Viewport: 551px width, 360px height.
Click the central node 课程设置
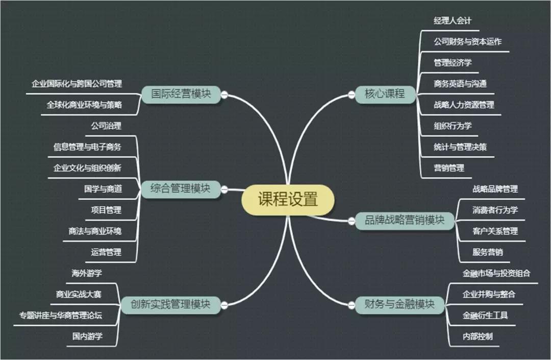pos(288,199)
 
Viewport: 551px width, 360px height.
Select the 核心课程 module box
pos(384,94)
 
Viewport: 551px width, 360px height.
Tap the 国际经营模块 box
pos(181,94)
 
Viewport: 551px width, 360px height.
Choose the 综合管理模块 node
pos(181,189)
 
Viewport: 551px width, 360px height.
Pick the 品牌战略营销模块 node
pos(404,221)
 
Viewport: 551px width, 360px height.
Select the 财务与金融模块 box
pos(399,305)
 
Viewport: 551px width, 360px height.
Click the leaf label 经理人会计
pos(453,20)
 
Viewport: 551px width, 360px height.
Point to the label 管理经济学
pos(453,63)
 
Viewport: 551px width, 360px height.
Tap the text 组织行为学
pos(453,126)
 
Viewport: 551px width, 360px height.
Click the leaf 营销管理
pos(449,168)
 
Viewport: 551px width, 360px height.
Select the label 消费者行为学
pos(495,210)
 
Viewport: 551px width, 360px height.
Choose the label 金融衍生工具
pos(485,315)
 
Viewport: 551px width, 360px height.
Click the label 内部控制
pos(478,337)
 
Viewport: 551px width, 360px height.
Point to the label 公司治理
pos(106,126)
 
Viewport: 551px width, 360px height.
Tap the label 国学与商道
pos(103,189)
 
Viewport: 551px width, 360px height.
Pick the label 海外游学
pos(87,273)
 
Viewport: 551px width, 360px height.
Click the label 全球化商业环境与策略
pos(84,105)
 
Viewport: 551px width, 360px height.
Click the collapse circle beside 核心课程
pos(351,94)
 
